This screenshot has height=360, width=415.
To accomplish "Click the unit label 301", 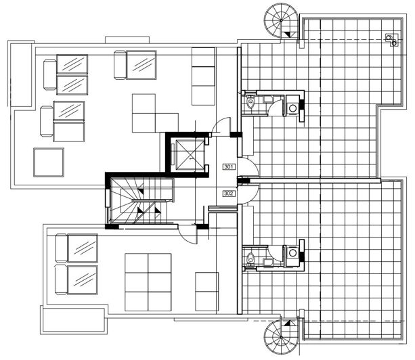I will [228, 166].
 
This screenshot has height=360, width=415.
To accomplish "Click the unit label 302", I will [228, 194].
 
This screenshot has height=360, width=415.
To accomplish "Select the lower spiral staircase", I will [280, 336].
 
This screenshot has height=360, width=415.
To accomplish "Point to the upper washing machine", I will [292, 107].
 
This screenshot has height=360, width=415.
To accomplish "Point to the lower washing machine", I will [292, 252].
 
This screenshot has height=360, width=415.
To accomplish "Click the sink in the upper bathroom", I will [269, 101].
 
